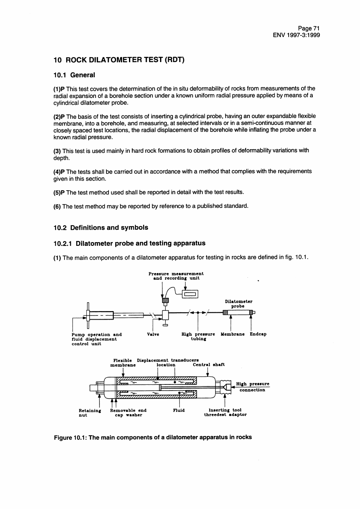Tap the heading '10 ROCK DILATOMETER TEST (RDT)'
point(119,60)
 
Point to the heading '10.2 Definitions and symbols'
point(101,228)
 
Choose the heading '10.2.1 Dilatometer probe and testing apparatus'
point(129,243)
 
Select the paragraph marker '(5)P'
point(60,191)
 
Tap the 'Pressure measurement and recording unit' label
point(176,276)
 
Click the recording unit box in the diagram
point(189,294)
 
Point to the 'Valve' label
point(154,334)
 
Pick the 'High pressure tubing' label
point(198,337)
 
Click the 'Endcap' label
point(258,334)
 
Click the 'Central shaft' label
point(209,364)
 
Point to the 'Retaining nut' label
point(89,412)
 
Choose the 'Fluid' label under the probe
point(179,410)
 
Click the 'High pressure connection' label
point(252,387)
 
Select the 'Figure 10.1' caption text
point(153,437)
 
